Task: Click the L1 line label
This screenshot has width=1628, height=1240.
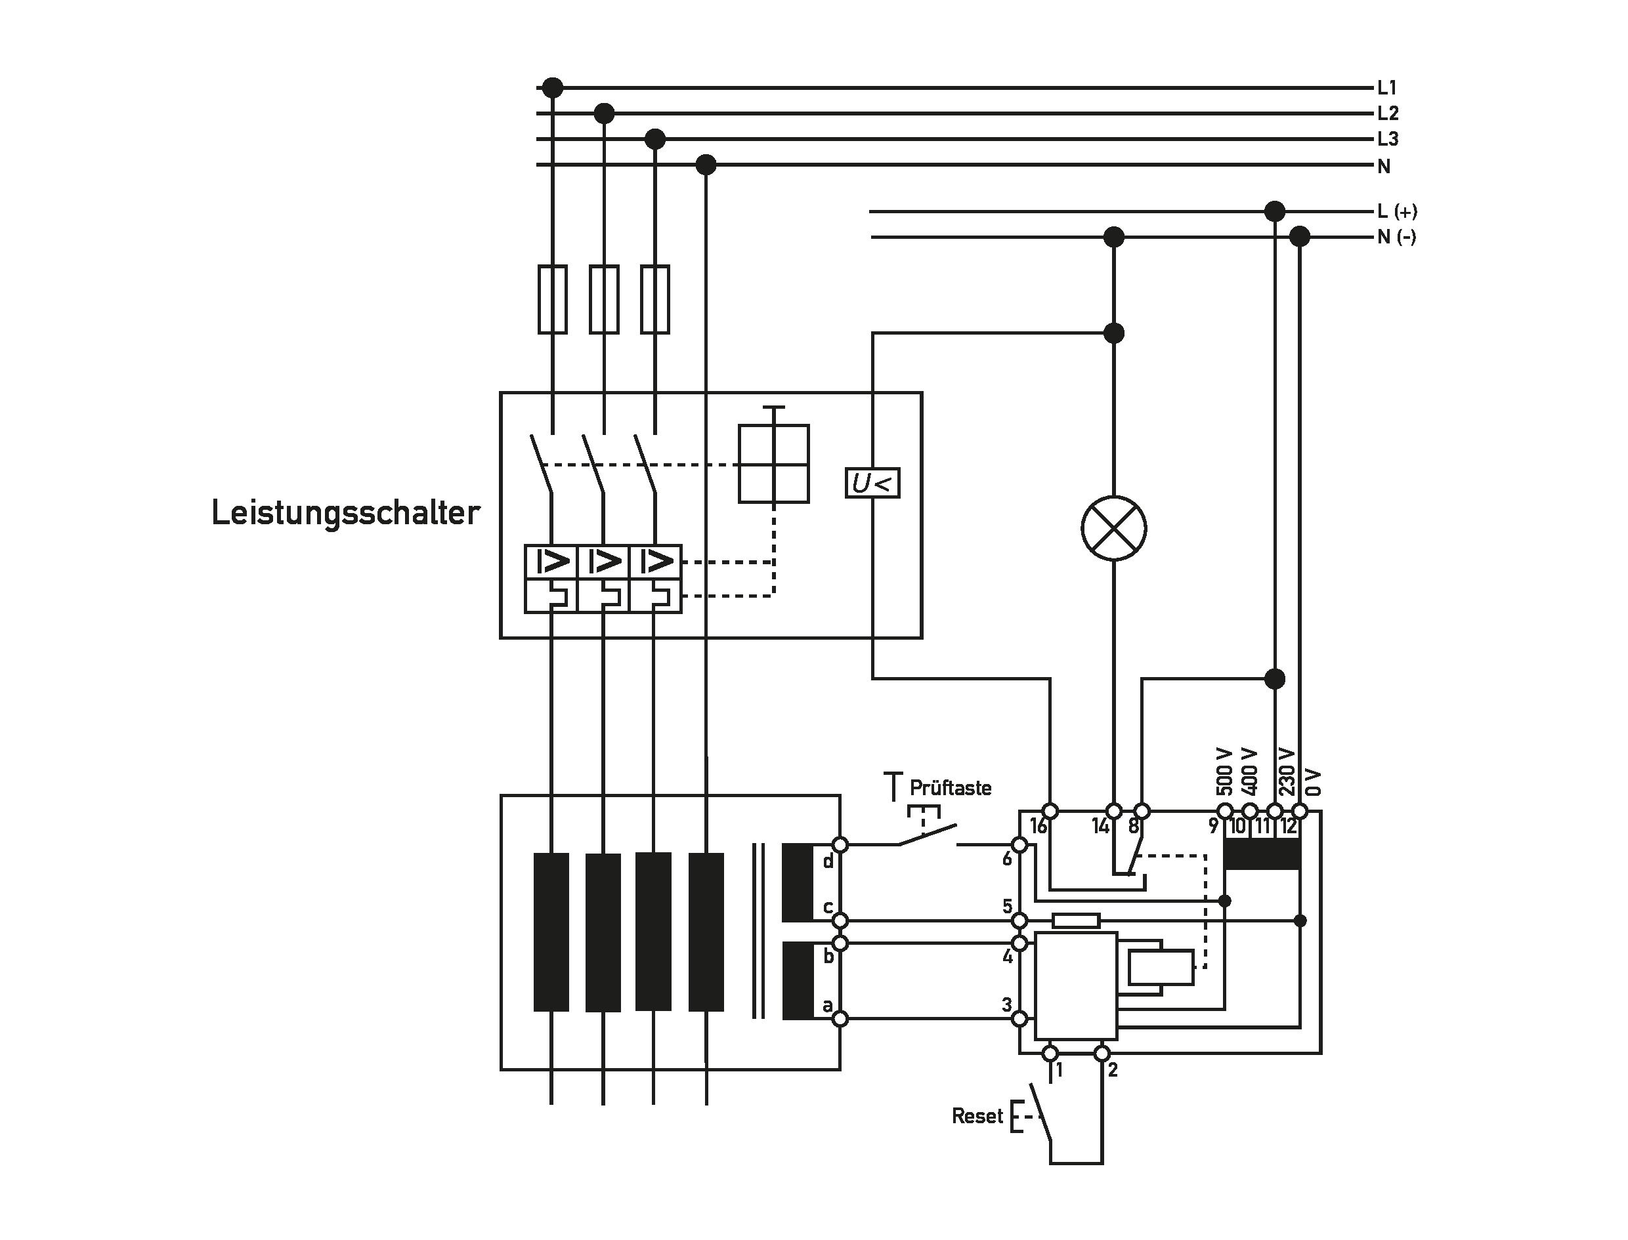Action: [x=1387, y=88]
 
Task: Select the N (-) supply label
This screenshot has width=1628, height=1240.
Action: [x=1397, y=237]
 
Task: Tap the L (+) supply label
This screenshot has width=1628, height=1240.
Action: [x=1397, y=211]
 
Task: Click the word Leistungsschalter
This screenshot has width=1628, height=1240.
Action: [x=345, y=513]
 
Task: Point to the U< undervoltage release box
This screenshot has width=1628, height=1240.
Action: [x=872, y=484]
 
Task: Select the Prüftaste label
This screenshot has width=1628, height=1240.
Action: [x=951, y=789]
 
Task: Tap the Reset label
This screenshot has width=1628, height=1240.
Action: [x=977, y=1116]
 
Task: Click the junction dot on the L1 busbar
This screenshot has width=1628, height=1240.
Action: [x=552, y=88]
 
